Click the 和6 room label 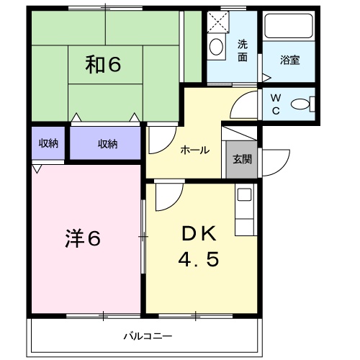103,66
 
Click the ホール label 194,150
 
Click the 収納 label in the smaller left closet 48,143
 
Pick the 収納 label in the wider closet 107,143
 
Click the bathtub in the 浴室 287,27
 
